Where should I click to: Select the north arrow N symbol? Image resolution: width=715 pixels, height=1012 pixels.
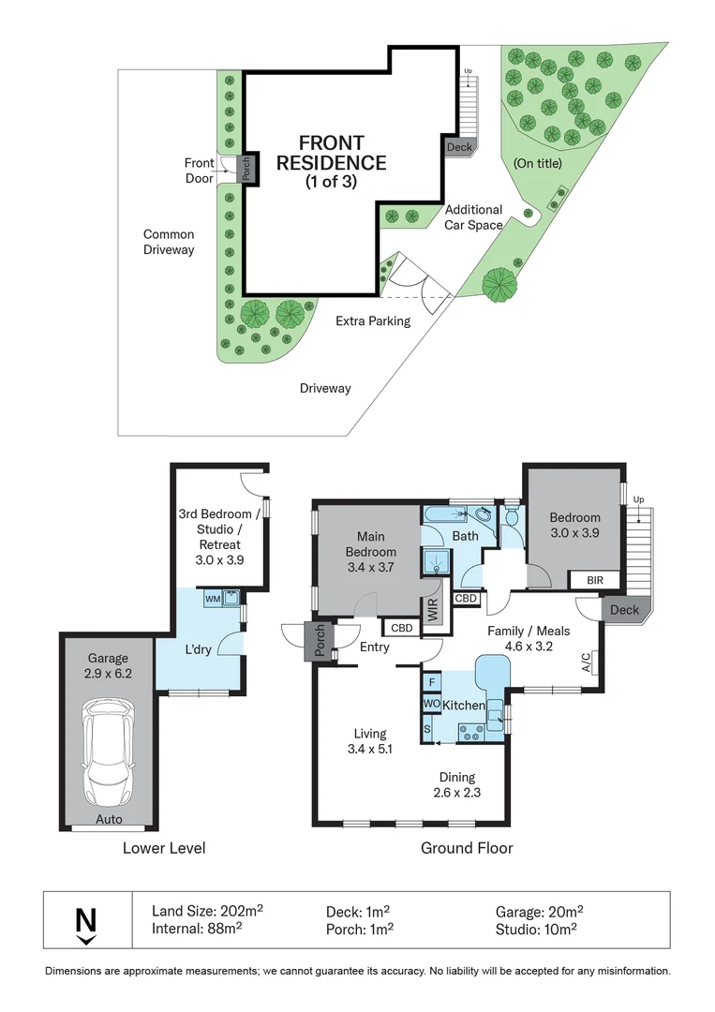[86, 922]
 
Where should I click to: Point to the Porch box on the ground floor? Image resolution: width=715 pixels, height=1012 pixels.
[319, 642]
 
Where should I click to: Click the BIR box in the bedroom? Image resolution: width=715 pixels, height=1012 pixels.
[595, 581]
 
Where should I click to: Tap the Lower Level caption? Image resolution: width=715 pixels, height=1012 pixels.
[164, 849]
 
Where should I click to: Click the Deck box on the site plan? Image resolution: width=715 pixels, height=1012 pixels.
[459, 147]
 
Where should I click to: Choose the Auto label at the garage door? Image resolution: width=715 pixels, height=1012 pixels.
[109, 819]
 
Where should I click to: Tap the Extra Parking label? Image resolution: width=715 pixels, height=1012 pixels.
[373, 321]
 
